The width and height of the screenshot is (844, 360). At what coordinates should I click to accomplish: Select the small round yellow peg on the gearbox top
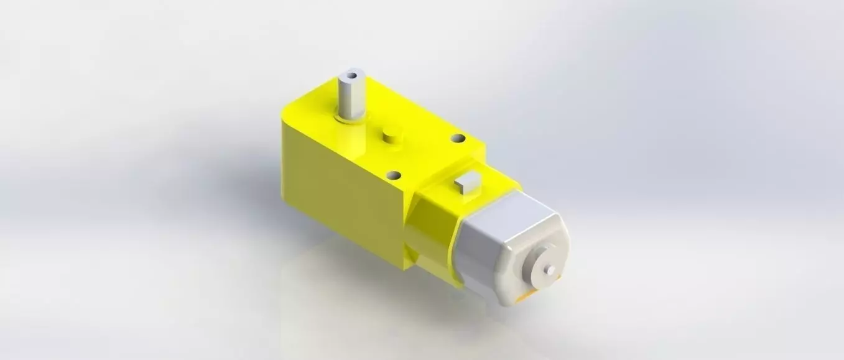[391, 136]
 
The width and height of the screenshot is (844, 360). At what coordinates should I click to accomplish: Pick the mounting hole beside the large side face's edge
[392, 177]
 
